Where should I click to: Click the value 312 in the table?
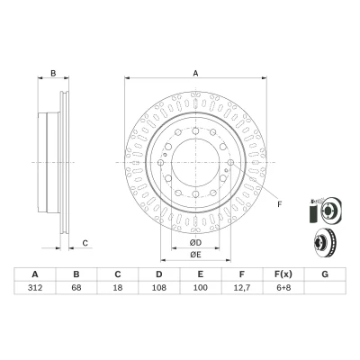(35, 288)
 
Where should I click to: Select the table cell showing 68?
(76, 288)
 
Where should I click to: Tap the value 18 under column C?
(118, 288)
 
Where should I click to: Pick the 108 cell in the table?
(159, 288)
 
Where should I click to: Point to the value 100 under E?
(201, 288)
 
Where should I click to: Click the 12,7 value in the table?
(242, 288)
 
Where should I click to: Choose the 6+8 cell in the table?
(283, 288)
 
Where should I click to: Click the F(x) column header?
(283, 274)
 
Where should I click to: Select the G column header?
(325, 274)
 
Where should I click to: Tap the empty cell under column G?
(325, 288)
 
